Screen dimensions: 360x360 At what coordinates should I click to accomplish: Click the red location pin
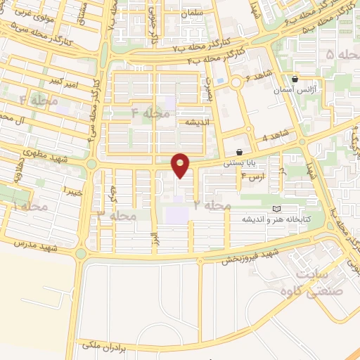pos(181,165)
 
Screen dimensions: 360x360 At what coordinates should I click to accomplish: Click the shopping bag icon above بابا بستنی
pos(240,152)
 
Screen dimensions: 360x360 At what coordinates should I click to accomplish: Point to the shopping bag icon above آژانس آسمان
pos(294,79)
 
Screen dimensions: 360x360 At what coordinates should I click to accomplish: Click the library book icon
pos(276,210)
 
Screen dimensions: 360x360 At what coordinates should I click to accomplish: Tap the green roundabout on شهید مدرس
pos(82,253)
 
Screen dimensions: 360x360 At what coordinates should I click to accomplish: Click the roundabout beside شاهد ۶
pos(236,83)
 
